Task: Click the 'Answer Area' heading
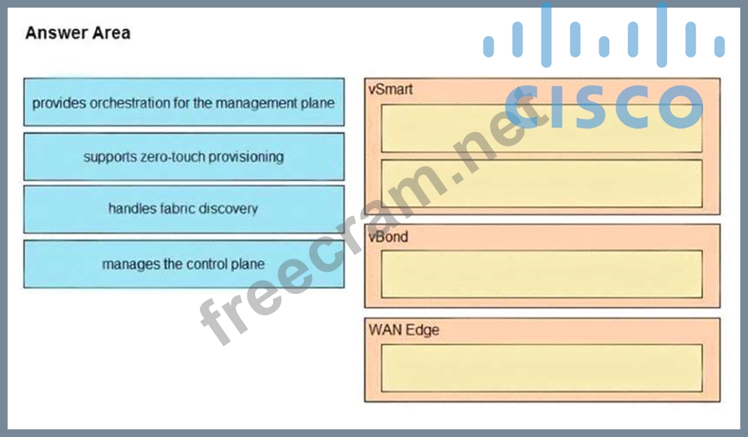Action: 77,33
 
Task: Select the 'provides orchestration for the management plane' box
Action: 183,102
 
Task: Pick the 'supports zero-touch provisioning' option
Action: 183,157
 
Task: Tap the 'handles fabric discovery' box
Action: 183,209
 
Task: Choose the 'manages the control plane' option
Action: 183,264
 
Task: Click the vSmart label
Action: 391,89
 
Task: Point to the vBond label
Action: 389,236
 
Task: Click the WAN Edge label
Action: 404,330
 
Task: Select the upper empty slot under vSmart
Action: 541,129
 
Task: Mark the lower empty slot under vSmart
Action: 541,183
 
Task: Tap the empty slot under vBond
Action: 541,275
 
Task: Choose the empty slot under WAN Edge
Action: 541,368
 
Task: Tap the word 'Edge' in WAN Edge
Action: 422,330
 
